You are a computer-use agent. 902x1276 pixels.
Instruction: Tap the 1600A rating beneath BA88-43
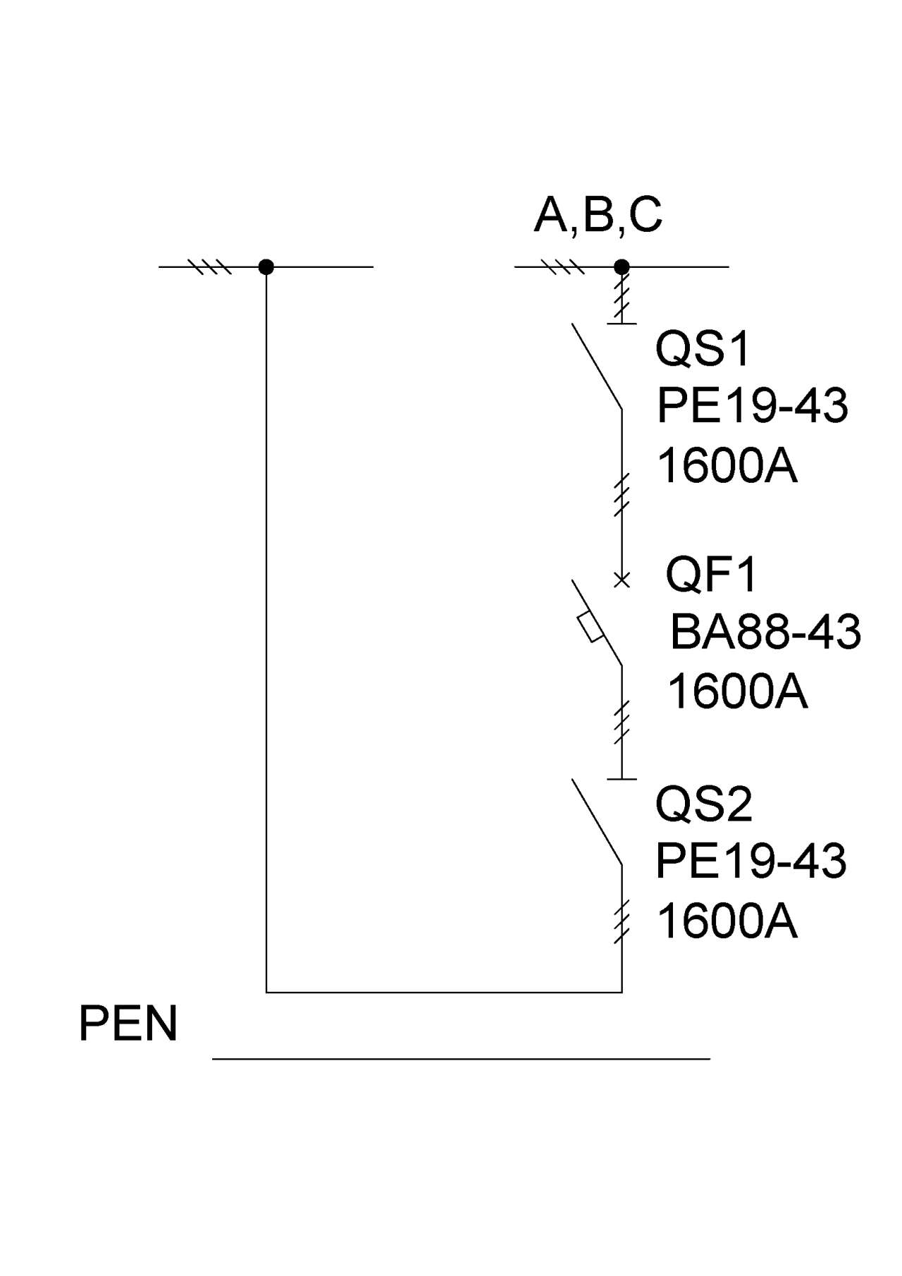[737, 691]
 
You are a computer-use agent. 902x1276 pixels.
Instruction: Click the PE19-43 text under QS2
[751, 861]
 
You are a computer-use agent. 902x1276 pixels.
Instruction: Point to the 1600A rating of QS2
[727, 921]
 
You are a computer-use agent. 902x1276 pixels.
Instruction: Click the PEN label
[128, 1024]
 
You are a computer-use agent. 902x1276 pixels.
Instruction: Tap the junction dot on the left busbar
[266, 266]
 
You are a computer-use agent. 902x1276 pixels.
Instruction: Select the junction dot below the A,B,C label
[622, 266]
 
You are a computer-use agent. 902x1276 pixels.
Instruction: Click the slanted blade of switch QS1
[597, 366]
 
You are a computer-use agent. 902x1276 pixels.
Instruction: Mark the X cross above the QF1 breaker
[622, 580]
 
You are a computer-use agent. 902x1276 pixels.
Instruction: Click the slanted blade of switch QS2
[597, 821]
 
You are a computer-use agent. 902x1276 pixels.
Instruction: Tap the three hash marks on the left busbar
[209, 266]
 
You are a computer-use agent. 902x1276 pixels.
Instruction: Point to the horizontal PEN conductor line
[461, 1058]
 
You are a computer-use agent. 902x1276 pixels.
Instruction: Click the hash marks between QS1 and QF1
[622, 496]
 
